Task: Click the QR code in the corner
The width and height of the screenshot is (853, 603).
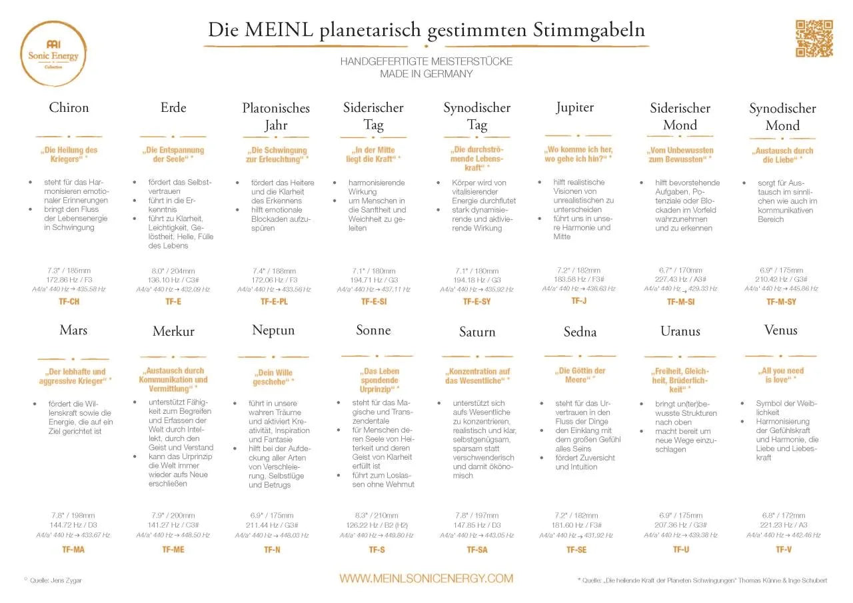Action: tap(814, 38)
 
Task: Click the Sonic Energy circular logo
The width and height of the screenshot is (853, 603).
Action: tap(53, 53)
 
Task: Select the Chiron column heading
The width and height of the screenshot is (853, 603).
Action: tap(69, 107)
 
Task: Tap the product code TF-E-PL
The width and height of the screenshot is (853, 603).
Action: tap(274, 302)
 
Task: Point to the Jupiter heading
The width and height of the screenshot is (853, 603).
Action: tap(574, 107)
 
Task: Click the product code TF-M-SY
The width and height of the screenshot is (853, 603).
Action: tap(781, 302)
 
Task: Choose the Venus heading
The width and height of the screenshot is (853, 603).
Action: tap(781, 330)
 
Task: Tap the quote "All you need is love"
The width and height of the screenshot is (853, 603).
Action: tap(781, 375)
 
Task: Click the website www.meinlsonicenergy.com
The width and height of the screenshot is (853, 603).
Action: tap(426, 578)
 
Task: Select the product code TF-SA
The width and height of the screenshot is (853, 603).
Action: tap(477, 550)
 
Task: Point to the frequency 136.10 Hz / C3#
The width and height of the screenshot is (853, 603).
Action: tap(173, 280)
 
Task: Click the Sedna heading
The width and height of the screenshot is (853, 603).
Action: tap(580, 332)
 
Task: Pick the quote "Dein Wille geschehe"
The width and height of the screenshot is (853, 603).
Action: tap(273, 377)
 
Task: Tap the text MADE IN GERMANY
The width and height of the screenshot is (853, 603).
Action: tap(426, 74)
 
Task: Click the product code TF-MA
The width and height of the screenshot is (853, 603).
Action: tap(73, 550)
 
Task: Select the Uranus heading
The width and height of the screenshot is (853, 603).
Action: tap(680, 331)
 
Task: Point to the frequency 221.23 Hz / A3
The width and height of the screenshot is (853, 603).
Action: tap(784, 525)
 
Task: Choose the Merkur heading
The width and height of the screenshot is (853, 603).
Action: tap(173, 331)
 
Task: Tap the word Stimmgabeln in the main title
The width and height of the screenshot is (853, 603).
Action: tap(588, 30)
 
